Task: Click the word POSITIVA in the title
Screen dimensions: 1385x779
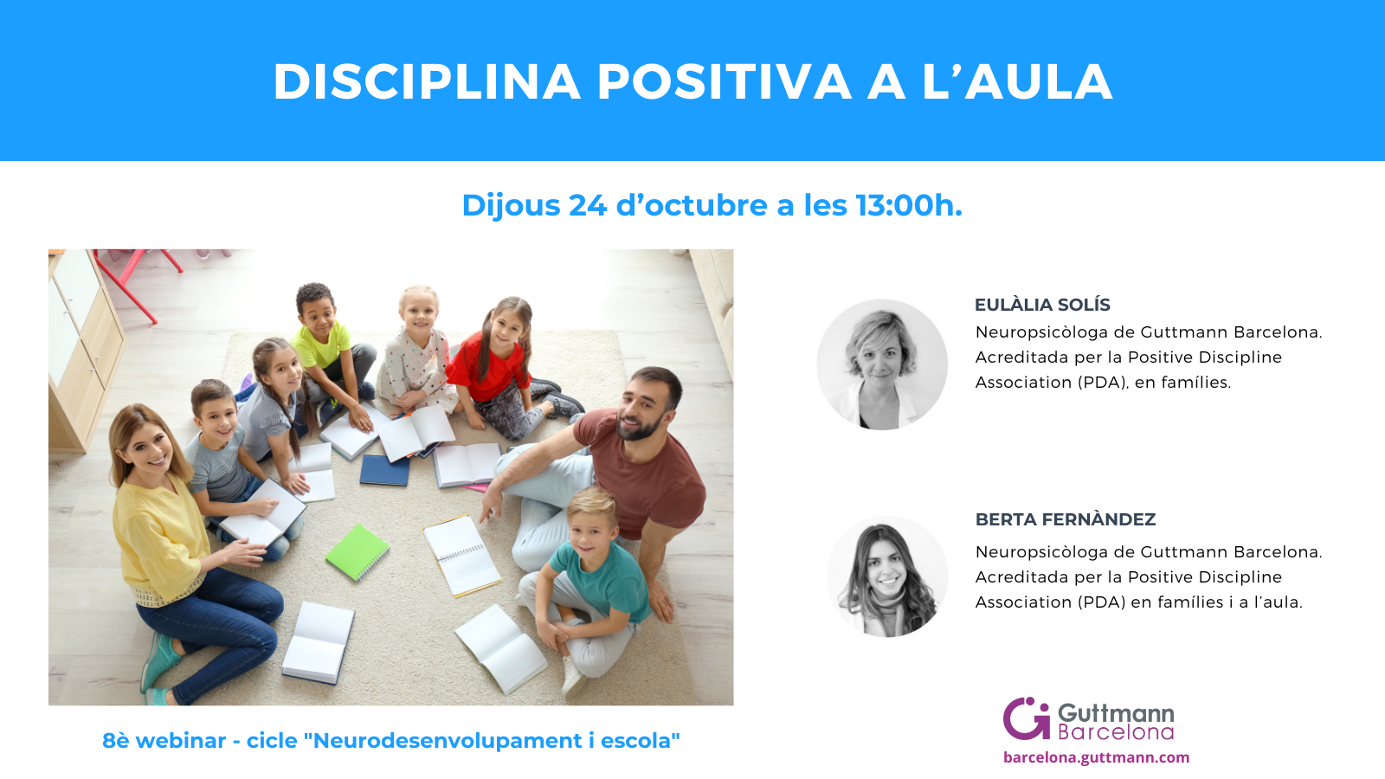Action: click(724, 81)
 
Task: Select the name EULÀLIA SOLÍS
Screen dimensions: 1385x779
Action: click(1042, 305)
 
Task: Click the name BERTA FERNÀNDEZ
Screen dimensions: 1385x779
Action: click(1066, 519)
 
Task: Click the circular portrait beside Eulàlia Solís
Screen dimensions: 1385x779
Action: click(882, 364)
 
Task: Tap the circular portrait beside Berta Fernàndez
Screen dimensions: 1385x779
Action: click(887, 576)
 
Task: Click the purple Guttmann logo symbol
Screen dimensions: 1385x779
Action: click(1027, 718)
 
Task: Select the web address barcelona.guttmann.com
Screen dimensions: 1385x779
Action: click(1096, 757)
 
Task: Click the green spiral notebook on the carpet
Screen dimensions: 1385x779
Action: click(357, 552)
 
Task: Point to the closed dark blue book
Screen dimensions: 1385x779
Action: click(384, 470)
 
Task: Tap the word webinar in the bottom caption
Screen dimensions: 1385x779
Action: click(181, 740)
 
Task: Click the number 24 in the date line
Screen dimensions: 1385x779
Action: click(588, 205)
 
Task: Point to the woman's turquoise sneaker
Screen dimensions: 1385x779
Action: click(158, 661)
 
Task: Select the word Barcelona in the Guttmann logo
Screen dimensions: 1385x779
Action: click(1116, 732)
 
